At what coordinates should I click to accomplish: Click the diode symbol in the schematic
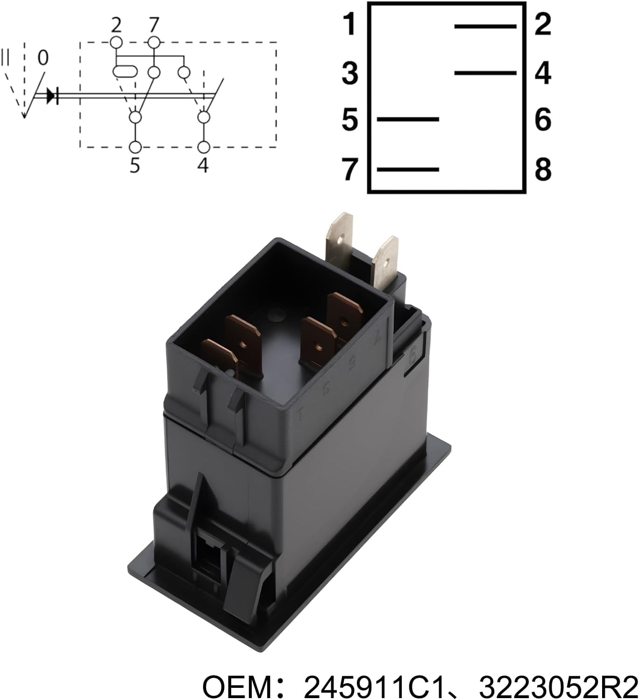(x=52, y=95)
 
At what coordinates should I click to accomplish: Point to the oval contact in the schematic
(x=125, y=72)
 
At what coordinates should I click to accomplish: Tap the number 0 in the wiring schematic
(x=43, y=57)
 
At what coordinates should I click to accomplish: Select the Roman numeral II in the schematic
(x=5, y=57)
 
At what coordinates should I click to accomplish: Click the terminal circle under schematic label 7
(x=154, y=43)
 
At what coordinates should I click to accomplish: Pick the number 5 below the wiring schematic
(x=135, y=165)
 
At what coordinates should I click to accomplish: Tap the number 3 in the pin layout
(x=350, y=74)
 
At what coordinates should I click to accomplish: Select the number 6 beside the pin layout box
(x=543, y=120)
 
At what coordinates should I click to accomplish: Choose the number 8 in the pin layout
(x=543, y=170)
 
